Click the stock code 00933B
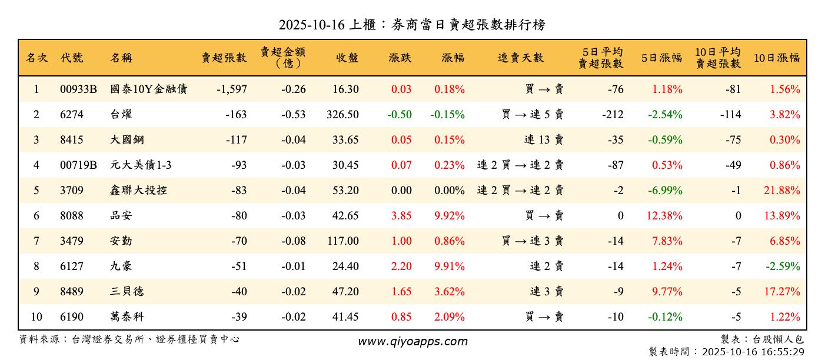[x=78, y=89]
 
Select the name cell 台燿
[x=121, y=115]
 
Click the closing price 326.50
[x=342, y=115]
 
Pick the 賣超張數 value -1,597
[x=231, y=89]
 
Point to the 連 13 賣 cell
[x=544, y=140]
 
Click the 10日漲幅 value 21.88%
[x=784, y=191]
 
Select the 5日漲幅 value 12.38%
[x=664, y=216]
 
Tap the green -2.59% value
[x=783, y=266]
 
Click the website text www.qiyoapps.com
[x=412, y=342]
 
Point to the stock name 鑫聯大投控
[x=138, y=191]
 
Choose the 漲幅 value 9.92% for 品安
[x=450, y=216]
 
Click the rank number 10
[x=36, y=317]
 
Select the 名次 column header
[x=36, y=58]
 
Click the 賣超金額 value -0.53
[x=292, y=115]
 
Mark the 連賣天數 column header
[x=521, y=58]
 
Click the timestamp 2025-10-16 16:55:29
[x=753, y=352]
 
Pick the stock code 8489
[x=72, y=292]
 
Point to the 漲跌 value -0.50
[x=400, y=115]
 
